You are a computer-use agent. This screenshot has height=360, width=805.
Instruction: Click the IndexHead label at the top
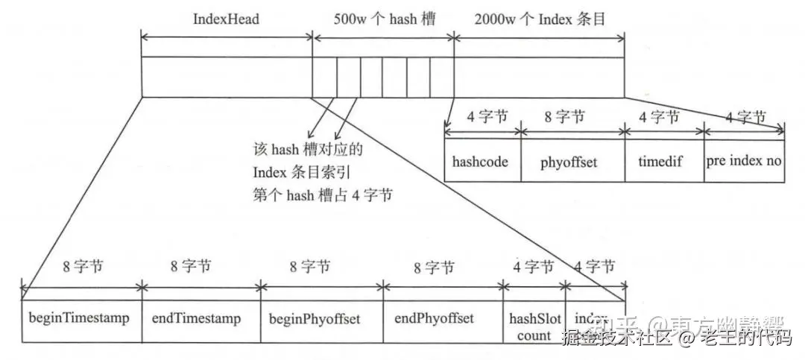[x=227, y=19]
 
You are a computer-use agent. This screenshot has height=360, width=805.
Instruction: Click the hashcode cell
[x=481, y=161]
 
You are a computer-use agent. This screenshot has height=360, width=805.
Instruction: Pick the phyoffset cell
[x=569, y=161]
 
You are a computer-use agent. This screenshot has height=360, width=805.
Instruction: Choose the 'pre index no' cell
[x=744, y=161]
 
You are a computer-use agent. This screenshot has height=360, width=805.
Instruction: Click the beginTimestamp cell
[x=80, y=318]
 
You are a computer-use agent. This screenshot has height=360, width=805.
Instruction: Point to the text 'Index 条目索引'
[x=301, y=174]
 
